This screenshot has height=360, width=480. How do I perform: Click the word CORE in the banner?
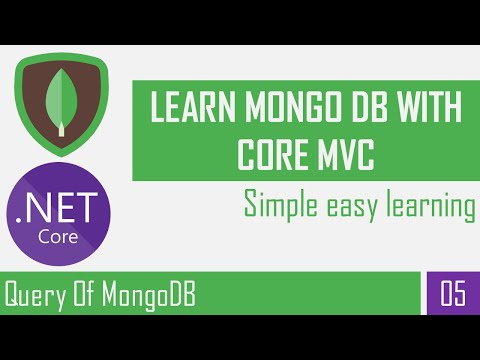(269, 152)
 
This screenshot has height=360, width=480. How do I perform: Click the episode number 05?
(451, 295)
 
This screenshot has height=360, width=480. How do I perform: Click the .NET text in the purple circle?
(65, 212)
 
